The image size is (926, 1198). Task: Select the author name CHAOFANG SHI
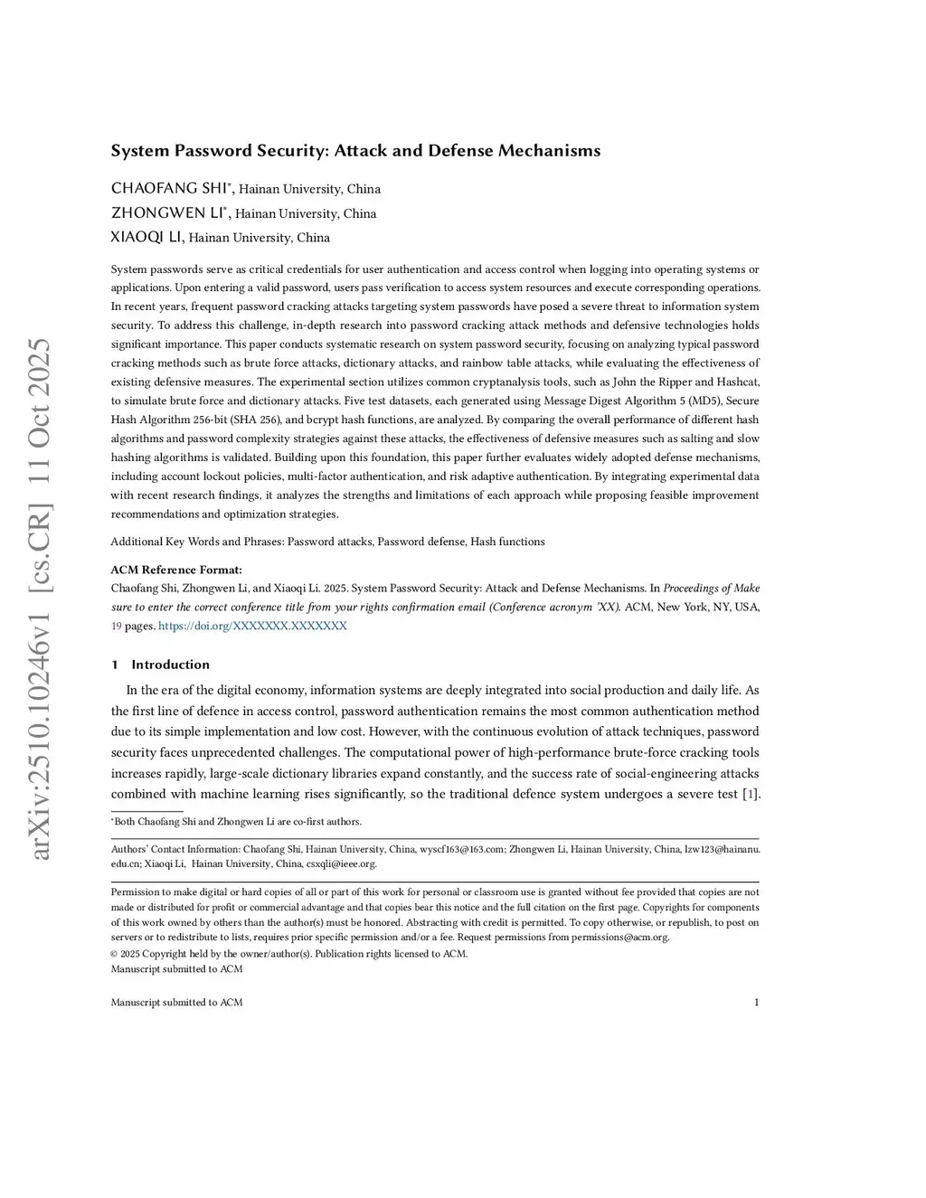click(167, 188)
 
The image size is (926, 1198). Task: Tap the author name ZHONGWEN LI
click(167, 213)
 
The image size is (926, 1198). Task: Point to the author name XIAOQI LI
click(146, 237)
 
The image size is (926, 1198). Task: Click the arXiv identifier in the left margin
click(40, 597)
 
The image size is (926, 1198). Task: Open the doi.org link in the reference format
click(252, 626)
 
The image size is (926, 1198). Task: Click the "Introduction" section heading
click(170, 665)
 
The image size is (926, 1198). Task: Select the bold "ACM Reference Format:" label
click(176, 570)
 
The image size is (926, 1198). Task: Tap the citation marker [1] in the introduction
click(751, 794)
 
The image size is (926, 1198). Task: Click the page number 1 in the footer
click(756, 1002)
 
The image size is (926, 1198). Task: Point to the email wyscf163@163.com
click(461, 849)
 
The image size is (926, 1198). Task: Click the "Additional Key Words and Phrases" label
click(196, 542)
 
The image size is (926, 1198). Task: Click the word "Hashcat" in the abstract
click(738, 382)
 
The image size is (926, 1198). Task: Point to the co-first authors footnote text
click(238, 822)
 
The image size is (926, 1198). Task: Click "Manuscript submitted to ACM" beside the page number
click(176, 1002)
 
